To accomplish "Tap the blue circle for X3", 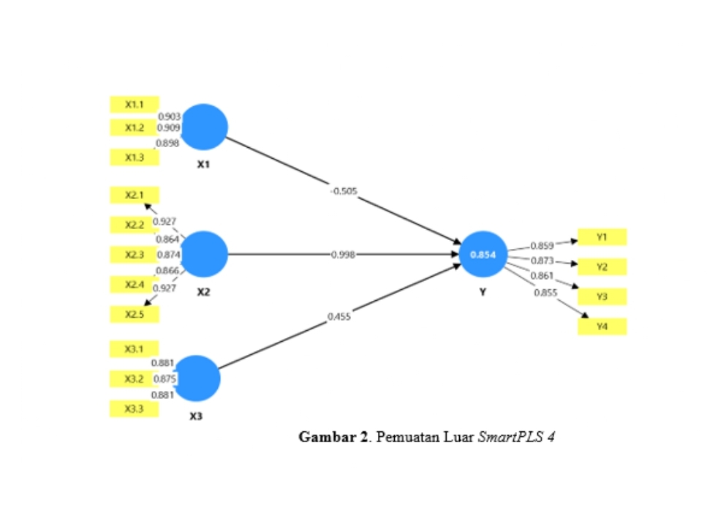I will click(197, 378).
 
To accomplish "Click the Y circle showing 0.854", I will click(483, 254).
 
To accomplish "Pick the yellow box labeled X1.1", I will click(134, 105).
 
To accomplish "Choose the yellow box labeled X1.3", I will click(134, 157).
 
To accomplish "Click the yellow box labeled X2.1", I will click(134, 195).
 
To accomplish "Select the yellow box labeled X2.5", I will click(134, 315).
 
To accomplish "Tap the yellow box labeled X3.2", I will click(134, 378).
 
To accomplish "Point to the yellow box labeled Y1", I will click(602, 237).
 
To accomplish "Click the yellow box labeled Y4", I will click(602, 326).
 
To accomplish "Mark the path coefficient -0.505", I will click(344, 191).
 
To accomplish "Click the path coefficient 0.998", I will click(343, 254).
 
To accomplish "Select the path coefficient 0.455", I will click(339, 316).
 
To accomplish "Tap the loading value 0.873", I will click(542, 261).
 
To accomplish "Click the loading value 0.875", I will click(165, 378).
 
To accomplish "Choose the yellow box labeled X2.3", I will click(134, 255).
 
